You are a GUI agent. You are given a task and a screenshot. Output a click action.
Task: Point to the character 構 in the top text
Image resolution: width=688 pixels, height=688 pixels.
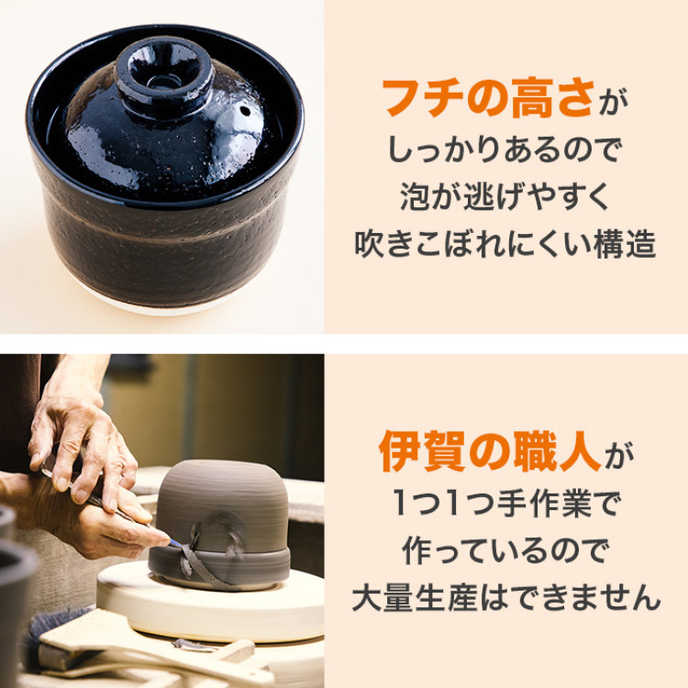pyautogui.click(x=609, y=245)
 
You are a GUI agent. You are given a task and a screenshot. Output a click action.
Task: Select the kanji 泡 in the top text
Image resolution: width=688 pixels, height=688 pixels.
pyautogui.click(x=416, y=197)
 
